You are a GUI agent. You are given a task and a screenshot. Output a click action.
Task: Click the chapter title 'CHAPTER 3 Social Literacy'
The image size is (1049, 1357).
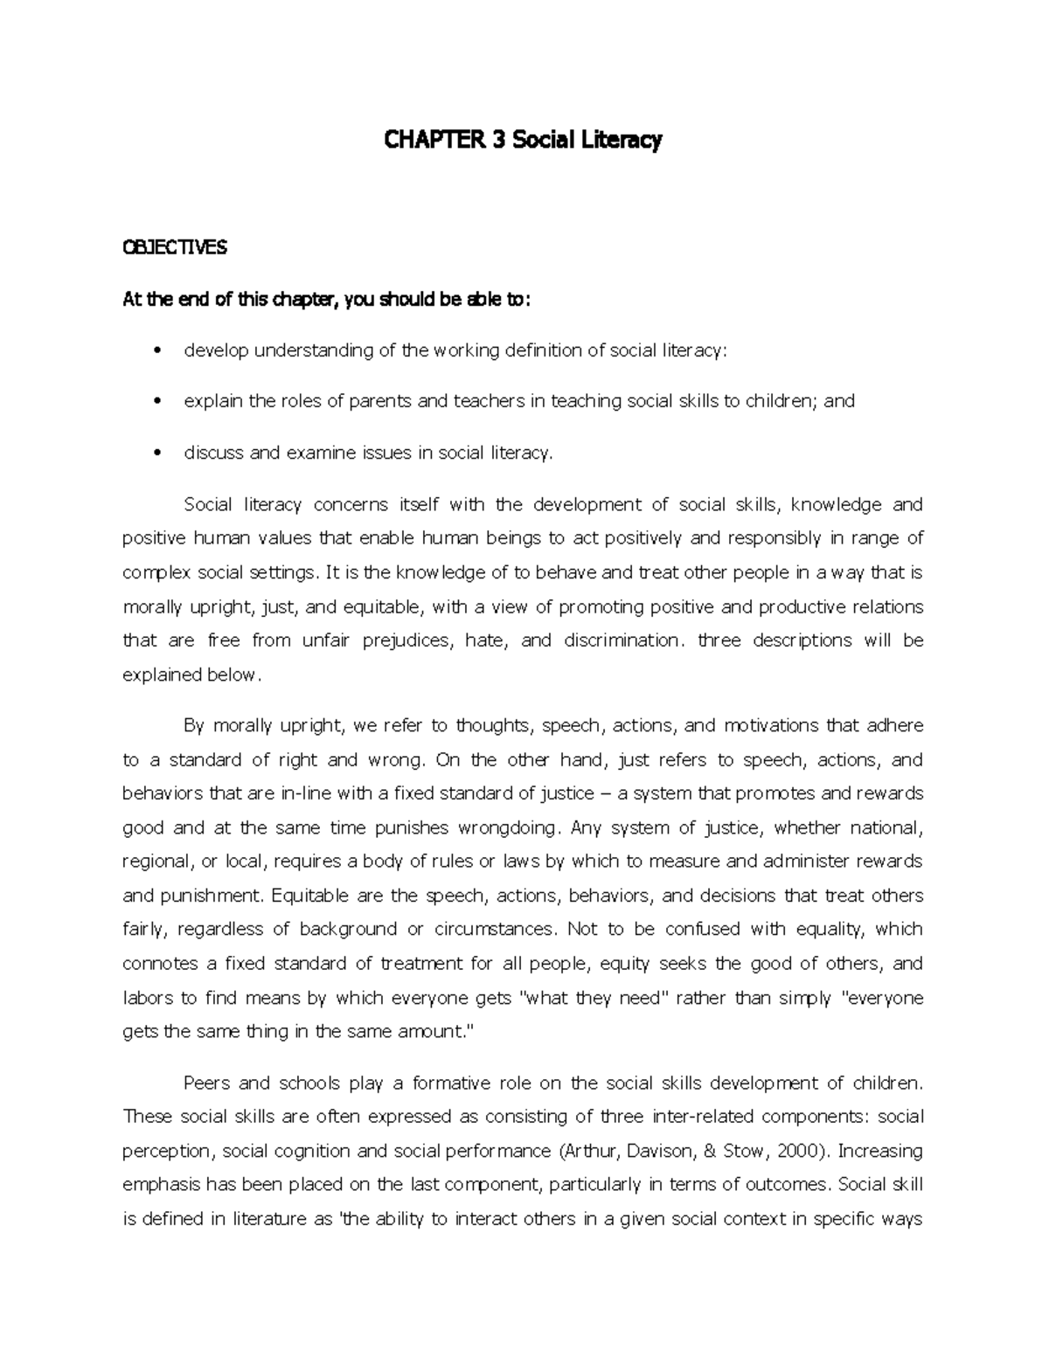tap(524, 140)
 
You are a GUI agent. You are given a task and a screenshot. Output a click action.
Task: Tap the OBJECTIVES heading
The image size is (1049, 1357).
tap(175, 248)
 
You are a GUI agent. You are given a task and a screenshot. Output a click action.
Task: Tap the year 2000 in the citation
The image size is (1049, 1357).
tap(797, 1151)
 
